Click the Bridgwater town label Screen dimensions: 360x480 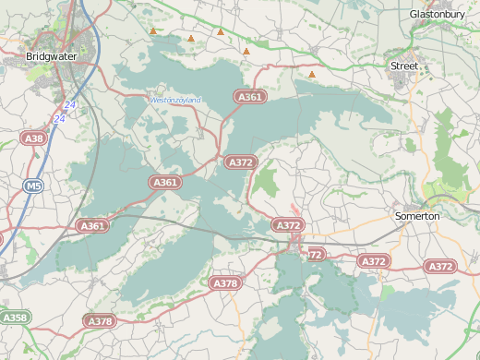pyautogui.click(x=52, y=56)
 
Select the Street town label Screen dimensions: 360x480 pyautogui.click(x=404, y=66)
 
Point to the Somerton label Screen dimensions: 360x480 pyautogui.click(x=417, y=216)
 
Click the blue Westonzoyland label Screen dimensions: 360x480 pyautogui.click(x=175, y=100)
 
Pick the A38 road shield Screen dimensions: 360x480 pyautogui.click(x=33, y=138)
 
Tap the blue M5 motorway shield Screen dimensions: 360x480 pyautogui.click(x=33, y=186)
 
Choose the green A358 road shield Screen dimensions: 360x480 pyautogui.click(x=15, y=318)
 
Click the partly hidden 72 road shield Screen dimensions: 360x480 pyautogui.click(x=316, y=254)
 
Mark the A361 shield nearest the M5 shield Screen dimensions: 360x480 pyautogui.click(x=92, y=225)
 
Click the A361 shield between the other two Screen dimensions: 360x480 pyautogui.click(x=165, y=183)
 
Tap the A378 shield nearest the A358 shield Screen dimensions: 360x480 pyautogui.click(x=100, y=321)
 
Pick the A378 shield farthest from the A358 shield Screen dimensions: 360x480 pyautogui.click(x=225, y=282)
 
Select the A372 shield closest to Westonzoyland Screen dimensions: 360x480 pyautogui.click(x=240, y=162)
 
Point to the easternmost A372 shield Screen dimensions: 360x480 pyautogui.click(x=441, y=266)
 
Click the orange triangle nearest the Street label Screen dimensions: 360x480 pyautogui.click(x=312, y=75)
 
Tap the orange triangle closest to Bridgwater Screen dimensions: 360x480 pyautogui.click(x=153, y=31)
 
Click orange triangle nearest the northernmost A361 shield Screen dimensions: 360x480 pyautogui.click(x=246, y=52)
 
